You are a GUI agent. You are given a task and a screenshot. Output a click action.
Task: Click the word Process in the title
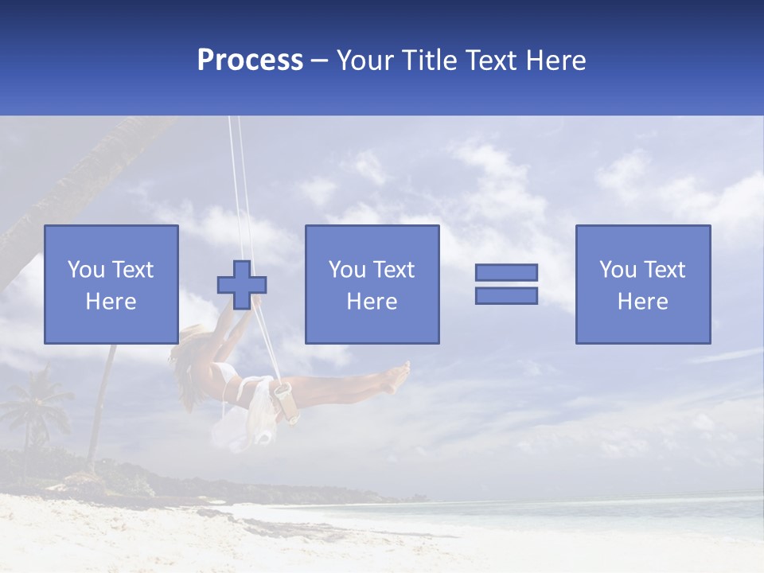pos(250,60)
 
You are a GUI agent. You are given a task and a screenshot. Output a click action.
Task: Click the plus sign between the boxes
pos(241,284)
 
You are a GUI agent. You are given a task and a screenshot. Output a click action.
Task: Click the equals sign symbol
pos(506,284)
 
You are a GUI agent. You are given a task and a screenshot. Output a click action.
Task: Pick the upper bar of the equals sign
pos(506,272)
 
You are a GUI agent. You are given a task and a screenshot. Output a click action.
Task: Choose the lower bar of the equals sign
pos(506,295)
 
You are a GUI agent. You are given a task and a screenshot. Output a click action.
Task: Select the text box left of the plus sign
pos(111,284)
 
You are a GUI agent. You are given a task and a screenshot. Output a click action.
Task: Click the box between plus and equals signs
pos(372,284)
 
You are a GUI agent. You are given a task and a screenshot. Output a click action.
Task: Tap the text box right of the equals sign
pos(642,284)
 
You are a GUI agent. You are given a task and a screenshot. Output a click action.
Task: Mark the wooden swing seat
pos(286,402)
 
